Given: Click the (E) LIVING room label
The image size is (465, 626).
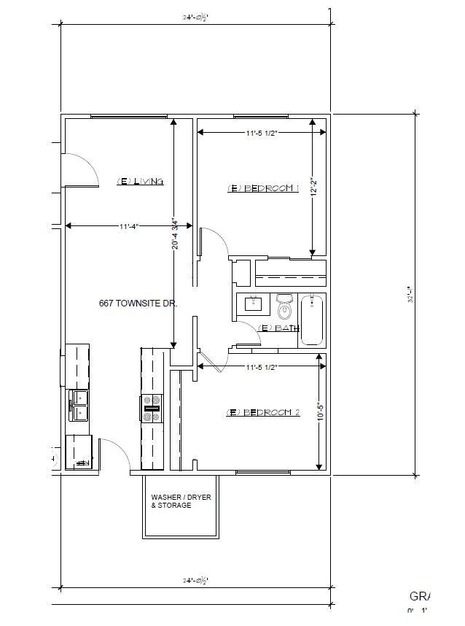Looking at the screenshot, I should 140,182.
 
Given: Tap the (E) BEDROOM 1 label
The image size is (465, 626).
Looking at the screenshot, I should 263,188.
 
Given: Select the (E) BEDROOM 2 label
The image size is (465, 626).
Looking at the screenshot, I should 263,412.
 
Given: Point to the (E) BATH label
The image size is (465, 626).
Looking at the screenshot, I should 279,328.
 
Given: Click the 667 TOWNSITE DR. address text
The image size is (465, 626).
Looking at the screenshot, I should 138,302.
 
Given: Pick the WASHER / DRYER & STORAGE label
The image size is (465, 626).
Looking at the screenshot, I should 181,501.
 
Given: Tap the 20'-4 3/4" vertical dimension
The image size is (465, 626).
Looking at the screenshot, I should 175,234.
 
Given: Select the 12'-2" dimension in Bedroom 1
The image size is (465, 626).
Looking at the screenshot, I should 313,188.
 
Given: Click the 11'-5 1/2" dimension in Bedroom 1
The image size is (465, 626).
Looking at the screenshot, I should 262,133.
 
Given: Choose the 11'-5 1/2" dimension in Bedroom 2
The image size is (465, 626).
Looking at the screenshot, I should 262,366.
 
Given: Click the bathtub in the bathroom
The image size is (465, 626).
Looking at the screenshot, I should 313,319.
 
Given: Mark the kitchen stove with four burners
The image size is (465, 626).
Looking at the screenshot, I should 152,409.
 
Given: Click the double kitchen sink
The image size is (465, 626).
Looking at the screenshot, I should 79,406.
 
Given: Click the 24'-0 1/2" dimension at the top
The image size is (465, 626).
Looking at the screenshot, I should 195,16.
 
